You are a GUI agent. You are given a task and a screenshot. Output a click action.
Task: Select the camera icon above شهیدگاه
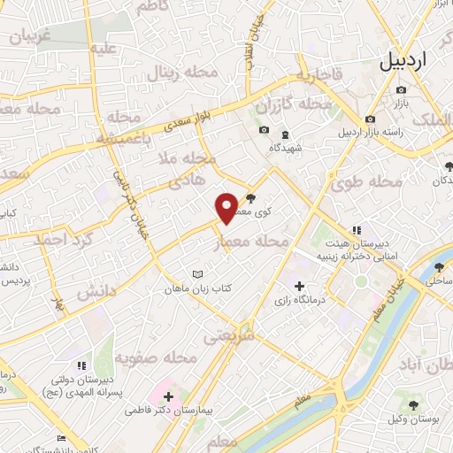264,131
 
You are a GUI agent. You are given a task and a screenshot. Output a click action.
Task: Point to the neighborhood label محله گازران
293,104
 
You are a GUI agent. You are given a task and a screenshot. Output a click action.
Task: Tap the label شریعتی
228,336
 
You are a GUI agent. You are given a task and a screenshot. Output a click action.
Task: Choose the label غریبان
38,36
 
